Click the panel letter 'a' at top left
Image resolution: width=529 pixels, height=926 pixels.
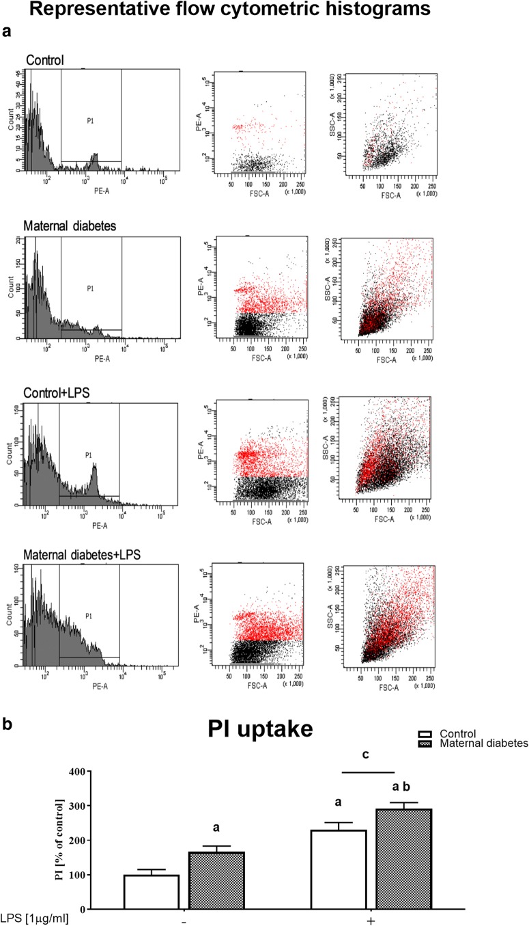(6, 31)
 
